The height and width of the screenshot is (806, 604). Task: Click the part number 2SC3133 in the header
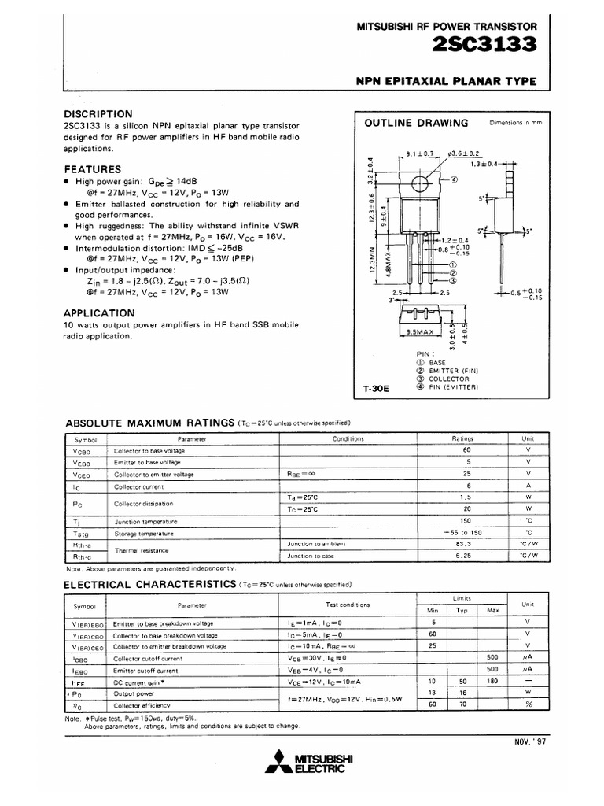tap(484, 46)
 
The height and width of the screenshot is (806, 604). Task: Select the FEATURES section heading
tap(92, 169)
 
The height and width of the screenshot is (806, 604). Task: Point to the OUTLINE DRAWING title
tap(416, 123)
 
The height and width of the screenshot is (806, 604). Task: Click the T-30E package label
tap(377, 389)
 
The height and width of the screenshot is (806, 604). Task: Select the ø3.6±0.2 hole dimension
tap(463, 153)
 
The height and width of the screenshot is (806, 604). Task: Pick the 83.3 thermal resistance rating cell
tap(468, 544)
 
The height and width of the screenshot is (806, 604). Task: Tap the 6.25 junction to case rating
tap(468, 556)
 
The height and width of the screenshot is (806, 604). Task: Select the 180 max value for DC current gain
tap(493, 681)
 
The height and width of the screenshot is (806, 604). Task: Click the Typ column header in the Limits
tap(462, 611)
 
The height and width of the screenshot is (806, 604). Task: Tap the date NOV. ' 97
tap(530, 741)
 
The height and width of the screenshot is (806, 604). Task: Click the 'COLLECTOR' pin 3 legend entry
tap(450, 379)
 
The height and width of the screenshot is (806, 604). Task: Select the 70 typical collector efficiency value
tap(462, 704)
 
